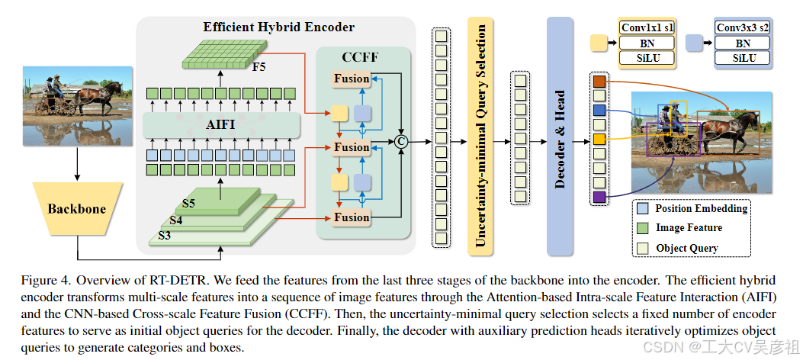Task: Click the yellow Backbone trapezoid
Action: [76, 208]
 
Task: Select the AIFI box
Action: [220, 124]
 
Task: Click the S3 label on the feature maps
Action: [165, 236]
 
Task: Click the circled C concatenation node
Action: [399, 140]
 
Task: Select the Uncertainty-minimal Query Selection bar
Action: [482, 137]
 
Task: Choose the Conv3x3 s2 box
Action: [742, 28]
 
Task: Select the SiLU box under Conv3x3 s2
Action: [742, 58]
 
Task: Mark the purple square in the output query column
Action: [599, 198]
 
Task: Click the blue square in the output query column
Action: [599, 111]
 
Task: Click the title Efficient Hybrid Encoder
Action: [278, 27]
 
